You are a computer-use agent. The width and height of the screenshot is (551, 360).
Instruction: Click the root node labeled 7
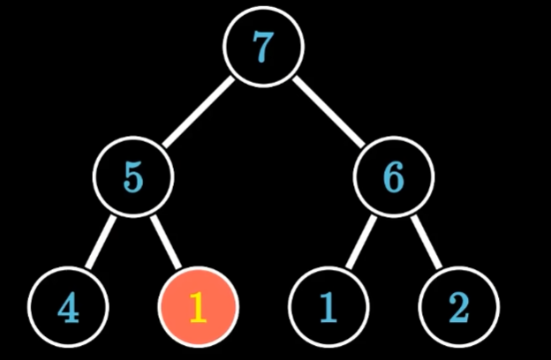263,49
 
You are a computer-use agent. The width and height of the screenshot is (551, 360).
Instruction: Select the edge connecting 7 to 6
328,113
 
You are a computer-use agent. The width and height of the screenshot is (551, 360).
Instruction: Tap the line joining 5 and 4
100,244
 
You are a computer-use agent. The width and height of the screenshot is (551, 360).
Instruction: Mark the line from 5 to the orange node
166,244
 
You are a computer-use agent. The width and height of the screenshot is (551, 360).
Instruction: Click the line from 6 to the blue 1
360,244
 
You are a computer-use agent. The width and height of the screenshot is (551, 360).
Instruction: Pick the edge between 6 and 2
426,244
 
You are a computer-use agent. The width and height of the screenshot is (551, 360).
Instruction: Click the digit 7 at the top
263,49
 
